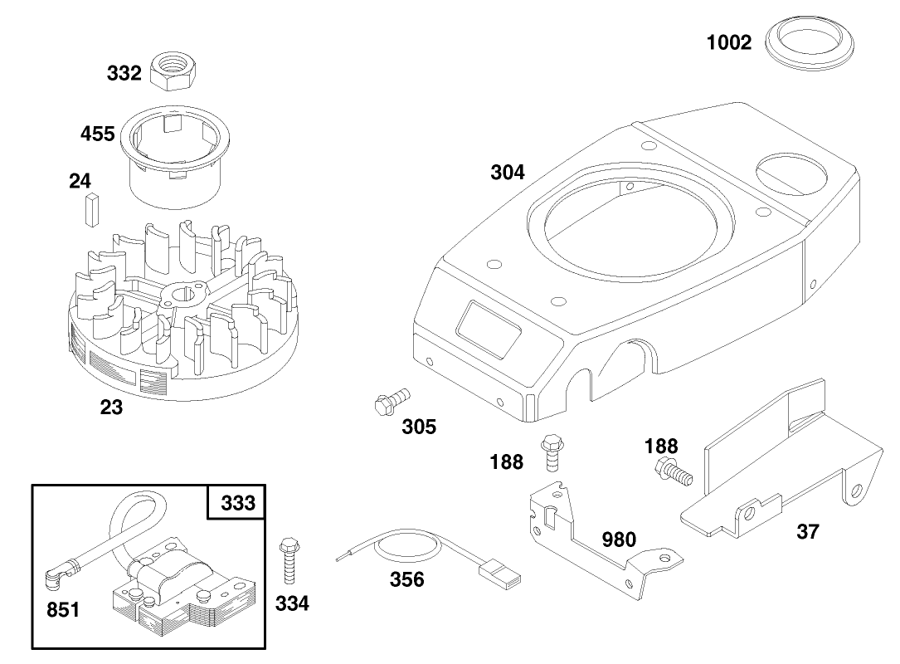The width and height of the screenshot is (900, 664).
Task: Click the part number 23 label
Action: pyautogui.click(x=111, y=408)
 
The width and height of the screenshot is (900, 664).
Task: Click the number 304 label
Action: pyautogui.click(x=507, y=172)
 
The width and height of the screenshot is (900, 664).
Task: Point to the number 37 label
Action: pyautogui.click(x=807, y=532)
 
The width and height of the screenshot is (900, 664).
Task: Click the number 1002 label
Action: pyautogui.click(x=729, y=42)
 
